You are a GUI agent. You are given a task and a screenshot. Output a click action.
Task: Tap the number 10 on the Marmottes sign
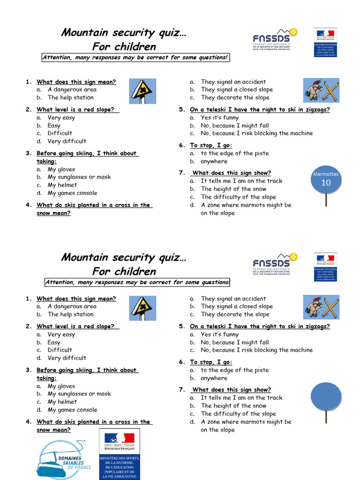pyautogui.click(x=325, y=183)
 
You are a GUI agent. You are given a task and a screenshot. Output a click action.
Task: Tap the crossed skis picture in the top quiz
pyautogui.click(x=321, y=90)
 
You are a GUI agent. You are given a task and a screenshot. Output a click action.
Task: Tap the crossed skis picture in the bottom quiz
pyautogui.click(x=321, y=307)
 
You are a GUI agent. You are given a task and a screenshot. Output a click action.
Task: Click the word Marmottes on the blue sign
pyautogui.click(x=325, y=174)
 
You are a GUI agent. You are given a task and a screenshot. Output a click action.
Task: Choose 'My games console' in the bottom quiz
pyautogui.click(x=72, y=410)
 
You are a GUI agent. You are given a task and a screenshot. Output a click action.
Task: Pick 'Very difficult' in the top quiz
pyautogui.click(x=67, y=141)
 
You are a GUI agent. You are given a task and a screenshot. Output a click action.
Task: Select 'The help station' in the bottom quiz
pyautogui.click(x=70, y=315)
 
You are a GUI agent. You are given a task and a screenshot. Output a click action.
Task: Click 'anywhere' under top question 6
pyautogui.click(x=214, y=161)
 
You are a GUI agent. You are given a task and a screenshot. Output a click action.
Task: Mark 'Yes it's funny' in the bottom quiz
pyautogui.click(x=219, y=335)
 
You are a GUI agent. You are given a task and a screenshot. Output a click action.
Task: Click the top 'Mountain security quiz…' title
pyautogui.click(x=124, y=33)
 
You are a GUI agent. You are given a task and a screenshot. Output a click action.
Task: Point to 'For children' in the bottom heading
pyautogui.click(x=124, y=271)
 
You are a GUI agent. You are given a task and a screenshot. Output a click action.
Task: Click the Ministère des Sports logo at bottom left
pyautogui.click(x=120, y=454)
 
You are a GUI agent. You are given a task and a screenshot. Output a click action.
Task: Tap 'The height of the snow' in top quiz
pyautogui.click(x=233, y=189)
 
